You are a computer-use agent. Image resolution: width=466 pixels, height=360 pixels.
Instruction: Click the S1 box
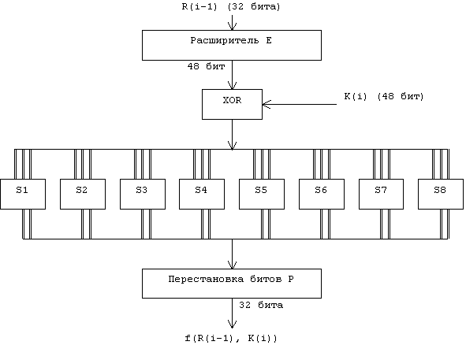point(23,194)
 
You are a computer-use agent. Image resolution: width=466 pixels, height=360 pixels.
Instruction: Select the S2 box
point(83,194)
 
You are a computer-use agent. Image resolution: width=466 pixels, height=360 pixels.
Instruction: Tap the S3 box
point(143,194)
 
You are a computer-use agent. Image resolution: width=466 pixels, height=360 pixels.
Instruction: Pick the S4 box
point(202,194)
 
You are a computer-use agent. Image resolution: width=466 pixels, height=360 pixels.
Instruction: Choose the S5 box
point(262,194)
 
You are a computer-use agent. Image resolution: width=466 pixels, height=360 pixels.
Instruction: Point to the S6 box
point(322,194)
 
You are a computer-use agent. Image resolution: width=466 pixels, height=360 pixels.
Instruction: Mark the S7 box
point(382,194)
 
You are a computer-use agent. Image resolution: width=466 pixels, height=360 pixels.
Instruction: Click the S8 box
point(441,194)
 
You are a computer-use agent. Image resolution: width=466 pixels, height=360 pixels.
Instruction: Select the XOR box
point(232,104)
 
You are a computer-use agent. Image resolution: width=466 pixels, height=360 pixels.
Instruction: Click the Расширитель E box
point(232,45)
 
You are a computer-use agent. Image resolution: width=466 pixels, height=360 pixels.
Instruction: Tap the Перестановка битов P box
point(232,284)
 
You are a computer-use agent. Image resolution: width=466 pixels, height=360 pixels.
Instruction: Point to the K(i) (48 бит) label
point(384,97)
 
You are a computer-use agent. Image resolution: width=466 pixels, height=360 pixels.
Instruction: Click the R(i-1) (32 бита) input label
point(231,7)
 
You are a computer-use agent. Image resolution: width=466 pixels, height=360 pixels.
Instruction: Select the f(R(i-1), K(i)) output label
point(231,338)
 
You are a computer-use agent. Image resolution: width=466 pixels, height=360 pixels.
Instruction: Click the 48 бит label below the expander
point(206,66)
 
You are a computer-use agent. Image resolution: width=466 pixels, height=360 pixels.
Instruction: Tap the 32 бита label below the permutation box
point(261,305)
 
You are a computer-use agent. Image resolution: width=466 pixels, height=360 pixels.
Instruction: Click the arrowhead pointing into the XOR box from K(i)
point(267,105)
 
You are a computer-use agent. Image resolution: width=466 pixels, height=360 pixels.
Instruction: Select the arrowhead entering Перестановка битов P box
point(232,265)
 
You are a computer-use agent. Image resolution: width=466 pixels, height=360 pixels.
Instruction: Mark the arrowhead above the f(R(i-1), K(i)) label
point(232,324)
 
